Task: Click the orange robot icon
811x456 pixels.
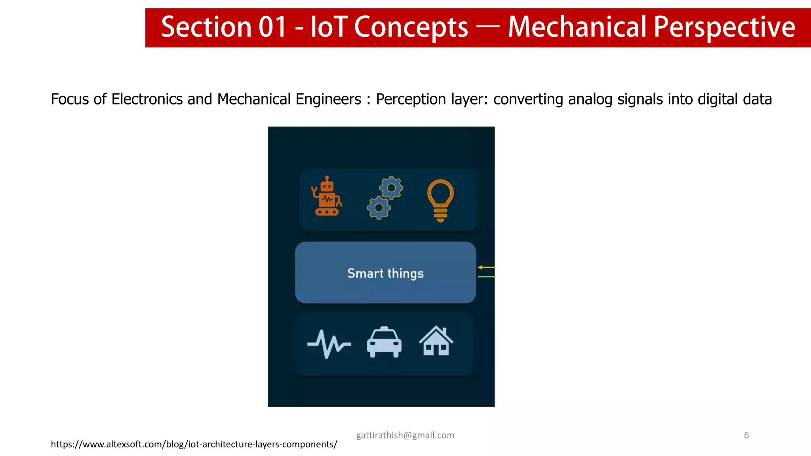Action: coord(327,197)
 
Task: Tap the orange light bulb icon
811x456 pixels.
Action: coord(440,200)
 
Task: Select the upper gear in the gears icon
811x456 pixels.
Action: coord(391,188)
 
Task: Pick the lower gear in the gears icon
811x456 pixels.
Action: coord(379,208)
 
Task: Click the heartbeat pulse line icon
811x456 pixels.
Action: coord(329,344)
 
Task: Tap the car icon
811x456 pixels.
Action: coord(384,342)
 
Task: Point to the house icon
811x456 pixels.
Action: coord(436,341)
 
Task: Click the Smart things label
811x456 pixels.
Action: coord(385,274)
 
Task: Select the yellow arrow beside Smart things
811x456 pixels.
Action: coord(486,268)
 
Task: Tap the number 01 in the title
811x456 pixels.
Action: coord(272,27)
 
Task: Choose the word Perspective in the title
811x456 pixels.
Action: coord(724,27)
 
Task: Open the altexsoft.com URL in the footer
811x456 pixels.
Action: coord(194,445)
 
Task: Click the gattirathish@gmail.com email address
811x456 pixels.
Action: coord(405,435)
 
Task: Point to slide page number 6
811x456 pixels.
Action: coord(746,435)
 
